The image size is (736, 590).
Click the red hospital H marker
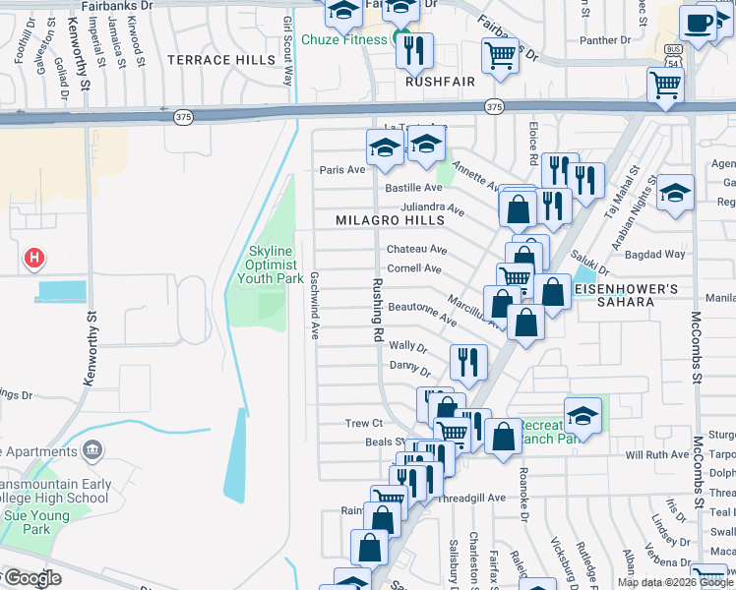click(34, 259)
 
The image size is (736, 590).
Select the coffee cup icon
click(698, 23)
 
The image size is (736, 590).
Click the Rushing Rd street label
click(377, 309)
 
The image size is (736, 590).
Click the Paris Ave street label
click(341, 169)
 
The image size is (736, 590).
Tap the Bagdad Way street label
click(659, 254)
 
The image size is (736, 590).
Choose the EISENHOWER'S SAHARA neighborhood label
click(627, 296)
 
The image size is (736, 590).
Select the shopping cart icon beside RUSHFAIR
click(500, 57)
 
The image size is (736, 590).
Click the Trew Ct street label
click(363, 424)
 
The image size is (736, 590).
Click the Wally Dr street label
click(407, 346)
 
